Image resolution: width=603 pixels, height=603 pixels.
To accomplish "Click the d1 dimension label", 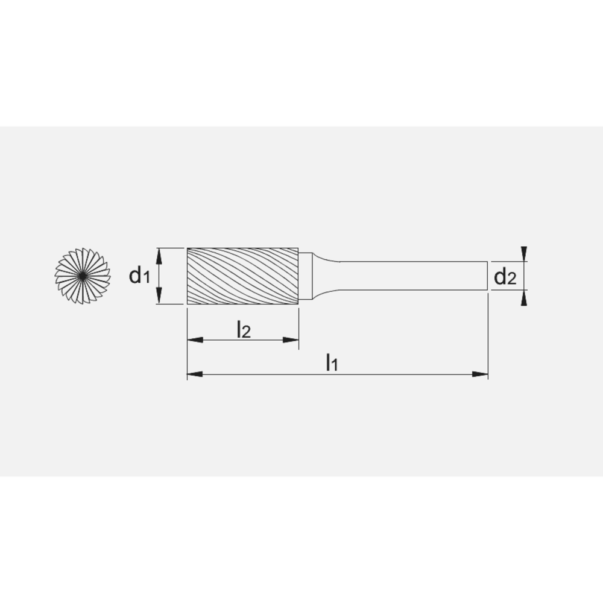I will point(139,276).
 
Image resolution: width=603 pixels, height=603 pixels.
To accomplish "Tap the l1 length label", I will point(332,362).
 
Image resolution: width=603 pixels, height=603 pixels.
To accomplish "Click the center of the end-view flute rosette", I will point(83,276).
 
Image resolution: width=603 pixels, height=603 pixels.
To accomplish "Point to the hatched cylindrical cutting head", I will point(242,276).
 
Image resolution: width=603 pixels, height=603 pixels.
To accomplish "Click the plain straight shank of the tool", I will point(410,276).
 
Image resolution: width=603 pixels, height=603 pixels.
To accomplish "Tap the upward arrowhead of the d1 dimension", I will point(159,256).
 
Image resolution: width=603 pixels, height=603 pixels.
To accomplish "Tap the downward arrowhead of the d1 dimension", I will point(159,297).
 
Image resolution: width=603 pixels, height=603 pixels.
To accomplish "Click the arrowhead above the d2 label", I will point(524,254).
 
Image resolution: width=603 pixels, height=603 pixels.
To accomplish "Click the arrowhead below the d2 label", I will point(524,298).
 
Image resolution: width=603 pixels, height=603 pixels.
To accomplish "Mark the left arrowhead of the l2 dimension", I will point(194,341).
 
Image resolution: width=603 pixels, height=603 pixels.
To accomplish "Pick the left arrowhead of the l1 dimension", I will point(194,374).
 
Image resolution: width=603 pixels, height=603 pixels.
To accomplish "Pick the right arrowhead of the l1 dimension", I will point(481,374).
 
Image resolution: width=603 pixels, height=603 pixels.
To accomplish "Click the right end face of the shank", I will point(487,276).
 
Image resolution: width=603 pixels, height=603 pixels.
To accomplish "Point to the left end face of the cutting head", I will point(188,276).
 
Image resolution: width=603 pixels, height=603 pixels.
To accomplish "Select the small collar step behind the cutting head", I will point(306,276).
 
